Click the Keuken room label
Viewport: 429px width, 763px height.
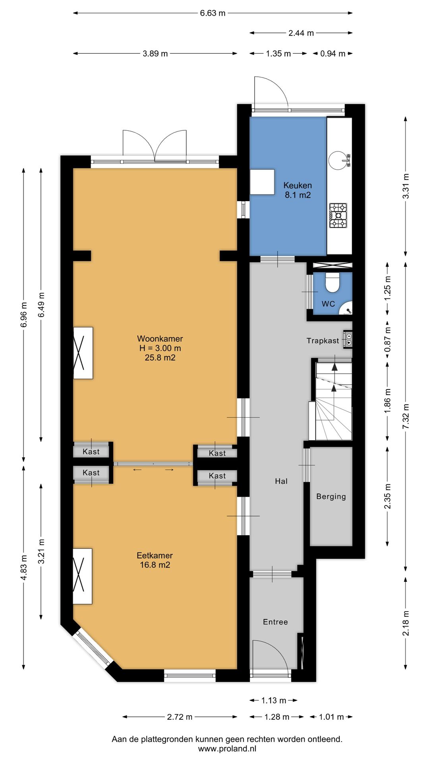click(x=298, y=185)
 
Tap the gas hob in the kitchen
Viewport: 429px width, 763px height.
click(x=338, y=215)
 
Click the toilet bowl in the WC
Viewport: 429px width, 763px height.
click(x=332, y=282)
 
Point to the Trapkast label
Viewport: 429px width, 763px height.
click(x=323, y=341)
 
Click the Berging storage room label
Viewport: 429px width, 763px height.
click(x=331, y=496)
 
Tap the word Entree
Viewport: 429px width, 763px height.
click(x=275, y=622)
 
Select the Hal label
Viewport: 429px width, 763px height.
click(x=281, y=481)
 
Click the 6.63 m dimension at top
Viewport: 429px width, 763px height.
click(x=213, y=13)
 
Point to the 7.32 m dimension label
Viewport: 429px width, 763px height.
click(x=406, y=416)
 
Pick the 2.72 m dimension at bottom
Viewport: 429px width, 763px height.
click(x=180, y=717)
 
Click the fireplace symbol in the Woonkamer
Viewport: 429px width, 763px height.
click(x=83, y=353)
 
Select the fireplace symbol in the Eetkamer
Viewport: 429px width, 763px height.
click(x=83, y=576)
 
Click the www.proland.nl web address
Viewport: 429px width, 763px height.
click(x=227, y=749)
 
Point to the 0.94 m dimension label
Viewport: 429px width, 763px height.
click(x=333, y=54)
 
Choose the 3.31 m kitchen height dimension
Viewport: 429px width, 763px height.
click(x=406, y=186)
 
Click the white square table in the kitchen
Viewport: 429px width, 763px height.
click(x=262, y=182)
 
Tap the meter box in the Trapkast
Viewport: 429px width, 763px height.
click(x=348, y=339)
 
